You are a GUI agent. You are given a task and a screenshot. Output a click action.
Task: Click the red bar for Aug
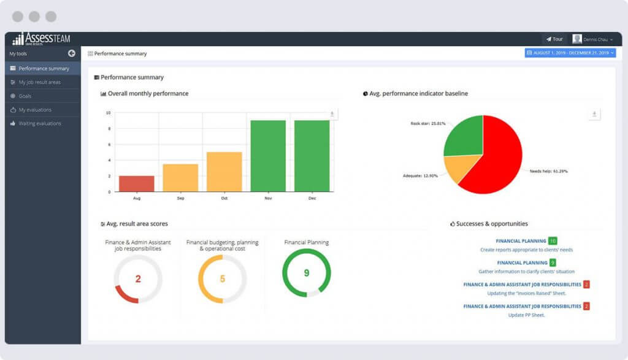pos(136,183)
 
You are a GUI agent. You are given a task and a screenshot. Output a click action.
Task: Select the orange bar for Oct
pos(224,172)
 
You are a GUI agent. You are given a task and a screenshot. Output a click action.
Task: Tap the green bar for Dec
pos(312,156)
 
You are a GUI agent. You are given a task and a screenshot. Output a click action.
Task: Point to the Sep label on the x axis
pos(180,198)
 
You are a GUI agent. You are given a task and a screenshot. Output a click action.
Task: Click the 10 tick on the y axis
pos(109,113)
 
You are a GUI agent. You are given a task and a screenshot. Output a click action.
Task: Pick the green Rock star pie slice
pos(462,136)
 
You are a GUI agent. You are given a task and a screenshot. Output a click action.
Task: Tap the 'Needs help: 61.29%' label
pos(548,171)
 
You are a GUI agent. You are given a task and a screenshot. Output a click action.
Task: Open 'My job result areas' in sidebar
pos(39,82)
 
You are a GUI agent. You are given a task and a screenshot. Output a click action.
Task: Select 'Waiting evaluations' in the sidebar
pos(40,123)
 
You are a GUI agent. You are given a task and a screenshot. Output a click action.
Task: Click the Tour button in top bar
pos(554,39)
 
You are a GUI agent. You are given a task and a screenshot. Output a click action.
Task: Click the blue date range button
pos(570,53)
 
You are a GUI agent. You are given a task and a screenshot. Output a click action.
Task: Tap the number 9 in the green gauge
pos(306,273)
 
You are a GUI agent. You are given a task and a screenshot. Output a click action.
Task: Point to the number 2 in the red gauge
pos(138,279)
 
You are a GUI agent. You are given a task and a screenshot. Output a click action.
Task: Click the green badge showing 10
pos(553,241)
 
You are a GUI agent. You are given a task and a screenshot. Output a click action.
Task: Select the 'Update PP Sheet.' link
pos(526,315)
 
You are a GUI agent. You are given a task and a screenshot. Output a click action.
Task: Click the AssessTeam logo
pos(42,39)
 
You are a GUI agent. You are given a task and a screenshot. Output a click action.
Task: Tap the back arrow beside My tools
pos(72,54)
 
